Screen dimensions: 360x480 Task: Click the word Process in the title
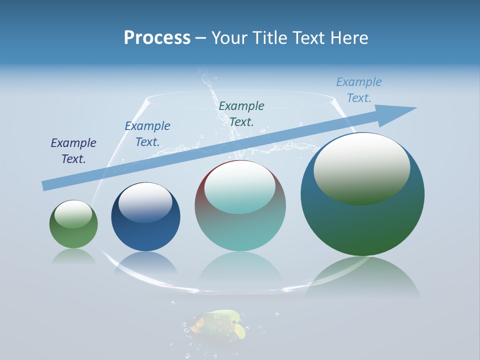(x=157, y=38)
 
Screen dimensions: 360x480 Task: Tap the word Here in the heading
(x=348, y=38)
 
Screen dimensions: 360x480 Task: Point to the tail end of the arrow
(x=45, y=186)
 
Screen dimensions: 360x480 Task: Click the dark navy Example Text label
(x=73, y=151)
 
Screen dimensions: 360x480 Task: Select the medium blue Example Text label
(x=147, y=134)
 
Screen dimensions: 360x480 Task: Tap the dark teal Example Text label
(x=241, y=113)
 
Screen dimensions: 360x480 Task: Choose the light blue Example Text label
(x=358, y=90)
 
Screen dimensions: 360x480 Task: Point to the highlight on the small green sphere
(x=73, y=213)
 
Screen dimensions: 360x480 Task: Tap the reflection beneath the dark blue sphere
(x=145, y=262)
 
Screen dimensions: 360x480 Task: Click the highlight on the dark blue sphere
(x=145, y=201)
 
